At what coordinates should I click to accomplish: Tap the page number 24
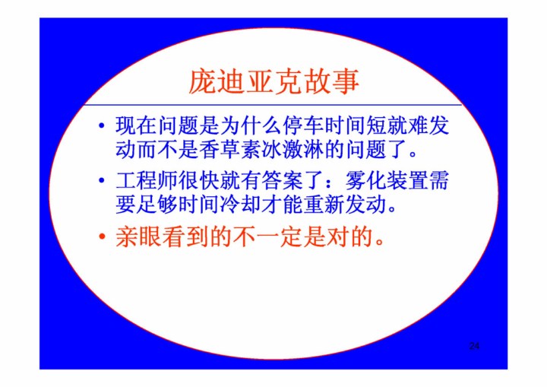474,346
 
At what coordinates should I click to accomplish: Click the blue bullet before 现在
102,125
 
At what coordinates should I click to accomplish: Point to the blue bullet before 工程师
102,181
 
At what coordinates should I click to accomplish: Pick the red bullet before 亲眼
102,236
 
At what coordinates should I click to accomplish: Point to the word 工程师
147,181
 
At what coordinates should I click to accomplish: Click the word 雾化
366,181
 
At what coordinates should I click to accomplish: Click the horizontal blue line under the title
273,105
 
